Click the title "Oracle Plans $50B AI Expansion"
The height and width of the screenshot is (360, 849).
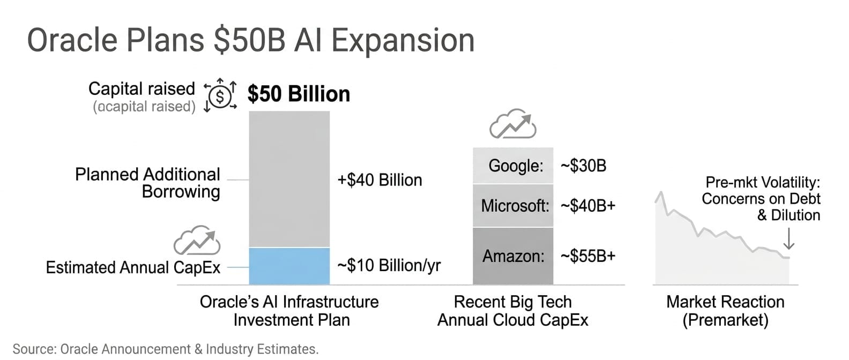point(250,41)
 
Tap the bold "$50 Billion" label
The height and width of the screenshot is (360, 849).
point(299,94)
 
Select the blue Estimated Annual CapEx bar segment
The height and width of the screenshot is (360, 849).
point(289,266)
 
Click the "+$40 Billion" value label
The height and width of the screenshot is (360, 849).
point(379,180)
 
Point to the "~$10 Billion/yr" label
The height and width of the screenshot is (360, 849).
point(389,265)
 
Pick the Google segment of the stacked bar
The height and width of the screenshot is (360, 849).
point(513,166)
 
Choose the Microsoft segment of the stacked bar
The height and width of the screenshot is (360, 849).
point(513,206)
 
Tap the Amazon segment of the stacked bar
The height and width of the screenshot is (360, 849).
point(513,256)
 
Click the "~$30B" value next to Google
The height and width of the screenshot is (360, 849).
point(583,166)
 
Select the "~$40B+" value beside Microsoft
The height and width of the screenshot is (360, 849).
point(588,206)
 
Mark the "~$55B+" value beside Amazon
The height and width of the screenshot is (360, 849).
point(588,256)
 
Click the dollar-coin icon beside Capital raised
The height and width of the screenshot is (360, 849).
point(220,96)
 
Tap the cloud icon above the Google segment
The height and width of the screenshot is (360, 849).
point(513,124)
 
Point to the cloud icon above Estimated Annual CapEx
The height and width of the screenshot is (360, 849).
point(197,240)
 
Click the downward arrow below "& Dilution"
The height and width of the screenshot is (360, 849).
point(789,238)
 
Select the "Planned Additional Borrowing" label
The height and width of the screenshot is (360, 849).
point(147,183)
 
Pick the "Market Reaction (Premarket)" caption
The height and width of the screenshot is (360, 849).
point(725,311)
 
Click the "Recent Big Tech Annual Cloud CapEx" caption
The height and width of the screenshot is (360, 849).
point(513,311)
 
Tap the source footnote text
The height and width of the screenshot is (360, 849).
point(166,349)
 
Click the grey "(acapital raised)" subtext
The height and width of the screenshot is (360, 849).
point(144,107)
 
